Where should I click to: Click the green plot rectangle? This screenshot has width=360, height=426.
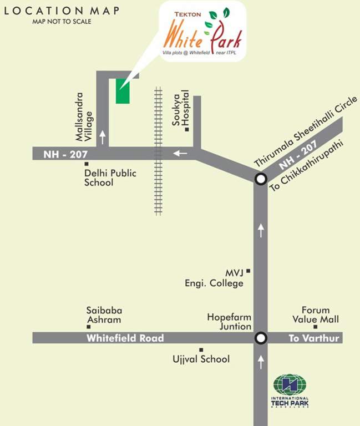point(123,91)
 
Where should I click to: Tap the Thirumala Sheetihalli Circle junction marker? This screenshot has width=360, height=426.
point(260,179)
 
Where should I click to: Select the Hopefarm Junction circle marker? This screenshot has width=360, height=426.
point(260,338)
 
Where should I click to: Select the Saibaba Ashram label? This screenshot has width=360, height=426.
point(104,315)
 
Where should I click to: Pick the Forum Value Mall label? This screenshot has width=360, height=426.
point(316,315)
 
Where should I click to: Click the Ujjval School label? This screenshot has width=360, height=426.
point(201,359)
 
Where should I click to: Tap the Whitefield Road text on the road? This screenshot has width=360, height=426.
point(125,338)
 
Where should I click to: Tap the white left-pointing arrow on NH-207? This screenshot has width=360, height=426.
point(180,153)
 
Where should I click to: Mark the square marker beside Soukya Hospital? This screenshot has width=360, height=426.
point(187,130)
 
